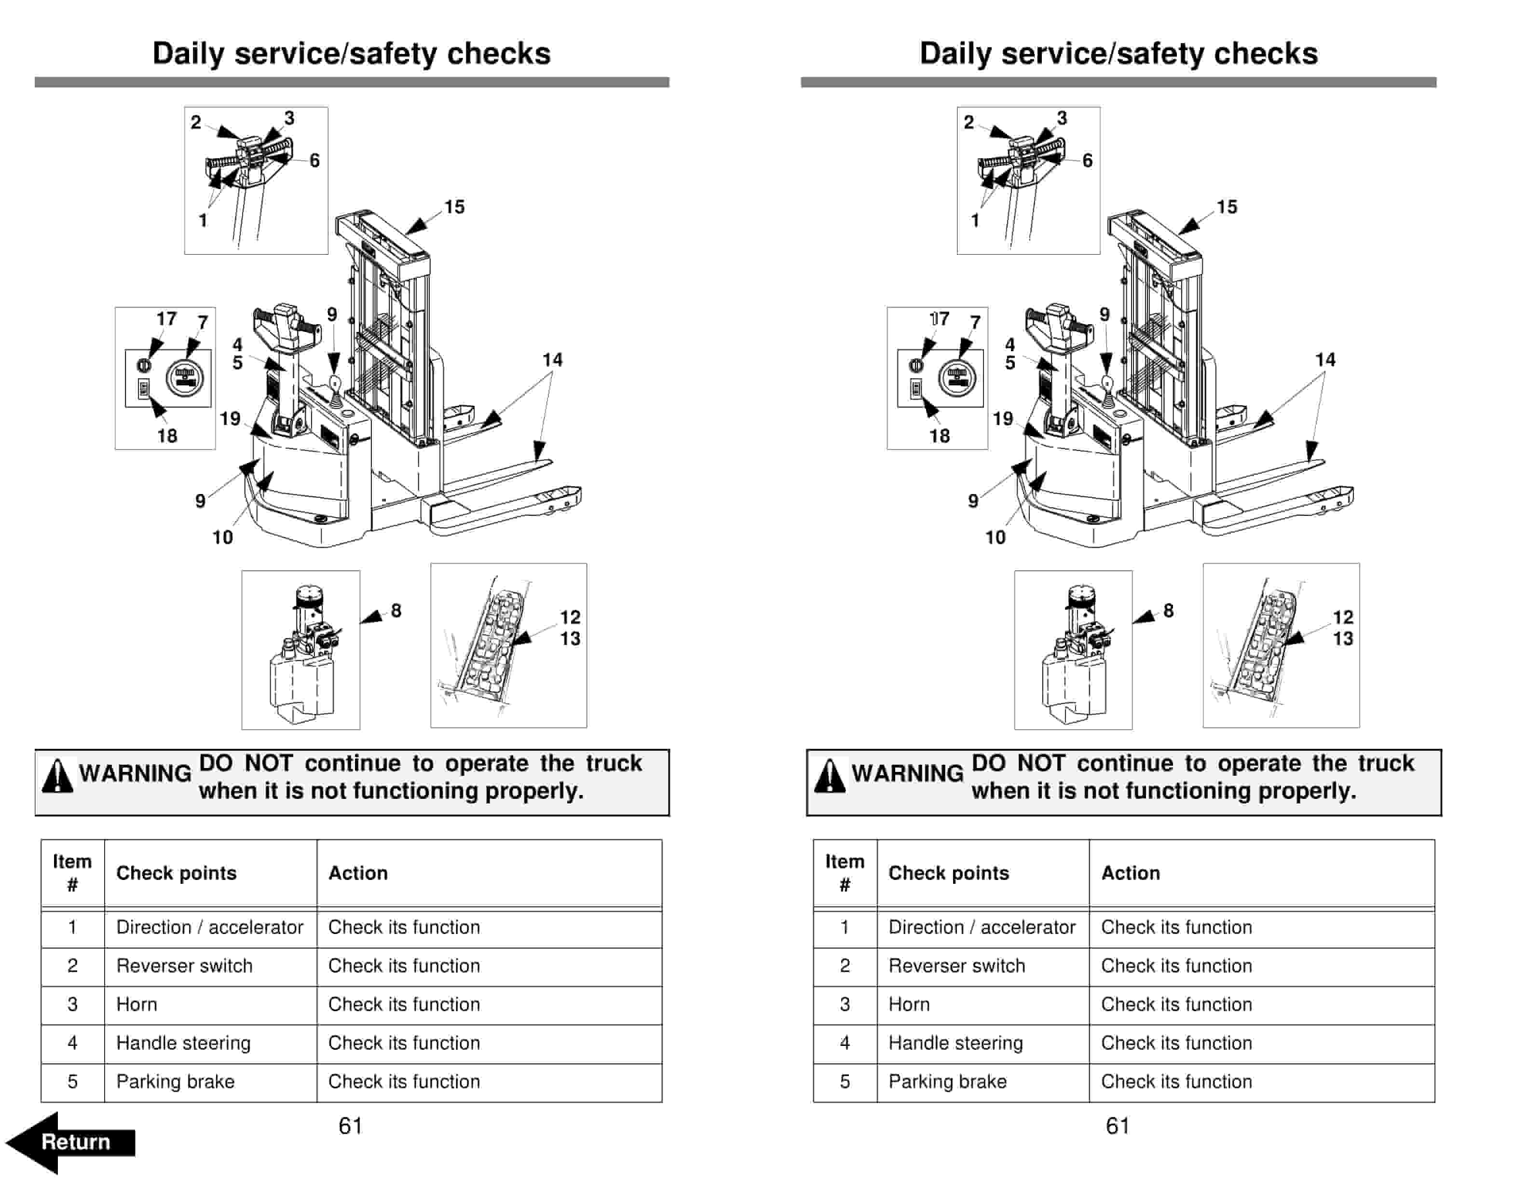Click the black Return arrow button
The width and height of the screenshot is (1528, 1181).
point(70,1142)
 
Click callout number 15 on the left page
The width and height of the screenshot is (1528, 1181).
point(454,207)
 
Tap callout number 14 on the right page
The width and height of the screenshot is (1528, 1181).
point(1325,359)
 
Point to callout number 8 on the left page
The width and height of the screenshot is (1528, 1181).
point(396,611)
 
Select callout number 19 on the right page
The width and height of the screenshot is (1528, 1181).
point(1003,418)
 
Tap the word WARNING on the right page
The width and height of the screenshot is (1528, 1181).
point(907,773)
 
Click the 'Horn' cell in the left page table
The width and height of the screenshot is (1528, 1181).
point(136,1004)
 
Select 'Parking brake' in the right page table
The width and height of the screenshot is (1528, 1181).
point(947,1081)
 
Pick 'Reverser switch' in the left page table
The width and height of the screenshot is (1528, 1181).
point(184,965)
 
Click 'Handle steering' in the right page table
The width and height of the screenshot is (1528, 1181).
point(955,1043)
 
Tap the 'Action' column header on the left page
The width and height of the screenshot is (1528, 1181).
point(358,873)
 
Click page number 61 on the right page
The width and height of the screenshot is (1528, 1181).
point(1118,1126)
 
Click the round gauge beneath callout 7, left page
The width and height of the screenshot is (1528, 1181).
point(185,379)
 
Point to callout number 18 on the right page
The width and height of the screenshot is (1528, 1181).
point(939,436)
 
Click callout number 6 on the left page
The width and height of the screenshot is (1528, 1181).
point(315,160)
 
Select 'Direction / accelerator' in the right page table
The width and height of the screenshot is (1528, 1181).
point(982,927)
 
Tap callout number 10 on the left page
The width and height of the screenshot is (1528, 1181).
point(222,537)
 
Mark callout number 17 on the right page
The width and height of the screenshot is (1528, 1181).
point(939,318)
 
